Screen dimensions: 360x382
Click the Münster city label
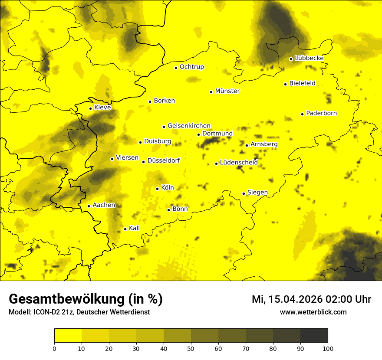[x=227, y=91]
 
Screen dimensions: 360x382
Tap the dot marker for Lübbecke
[x=291, y=59]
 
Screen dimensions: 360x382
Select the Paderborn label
[x=321, y=113]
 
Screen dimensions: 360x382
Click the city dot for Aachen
[x=89, y=206]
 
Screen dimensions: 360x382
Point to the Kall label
[x=134, y=228]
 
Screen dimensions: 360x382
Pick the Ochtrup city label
[x=191, y=67]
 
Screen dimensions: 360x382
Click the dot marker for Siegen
[x=244, y=193]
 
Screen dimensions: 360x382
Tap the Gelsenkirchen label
[x=189, y=126]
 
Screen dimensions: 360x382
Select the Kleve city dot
[x=91, y=108]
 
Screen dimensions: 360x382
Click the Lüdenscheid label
[x=239, y=163]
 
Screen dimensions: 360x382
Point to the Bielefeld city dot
[x=286, y=84]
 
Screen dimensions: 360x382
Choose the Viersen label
[x=127, y=158]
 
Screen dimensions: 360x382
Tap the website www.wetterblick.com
[x=313, y=312]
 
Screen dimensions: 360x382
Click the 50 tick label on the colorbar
[x=191, y=348]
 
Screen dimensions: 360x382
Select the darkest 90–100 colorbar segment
[x=314, y=336]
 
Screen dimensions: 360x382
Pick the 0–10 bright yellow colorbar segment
[x=68, y=336]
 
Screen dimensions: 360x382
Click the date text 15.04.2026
[x=295, y=299]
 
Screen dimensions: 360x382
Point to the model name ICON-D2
[x=46, y=312]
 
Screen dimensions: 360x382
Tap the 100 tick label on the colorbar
[x=327, y=348]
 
